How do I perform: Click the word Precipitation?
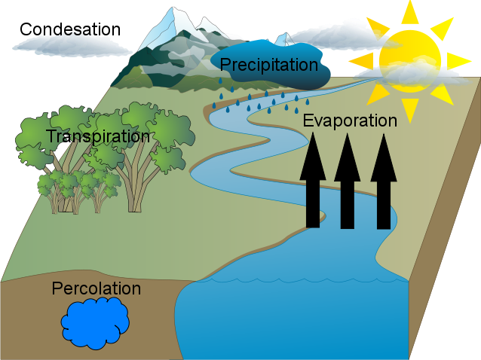click(x=269, y=66)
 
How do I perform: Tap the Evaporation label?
click(x=349, y=121)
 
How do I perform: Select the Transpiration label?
click(x=97, y=137)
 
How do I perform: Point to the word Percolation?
click(x=96, y=288)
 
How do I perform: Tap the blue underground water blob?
click(x=94, y=322)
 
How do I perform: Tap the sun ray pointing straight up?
click(x=409, y=11)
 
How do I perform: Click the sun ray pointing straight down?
click(x=409, y=110)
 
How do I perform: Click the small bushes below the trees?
click(x=75, y=184)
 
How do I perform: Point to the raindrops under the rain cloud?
click(x=260, y=102)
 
